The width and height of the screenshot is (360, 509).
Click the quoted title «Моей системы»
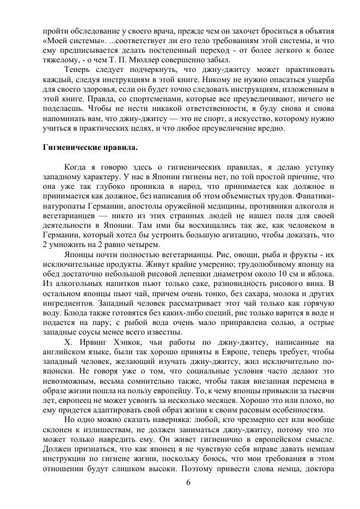point(67,40)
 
